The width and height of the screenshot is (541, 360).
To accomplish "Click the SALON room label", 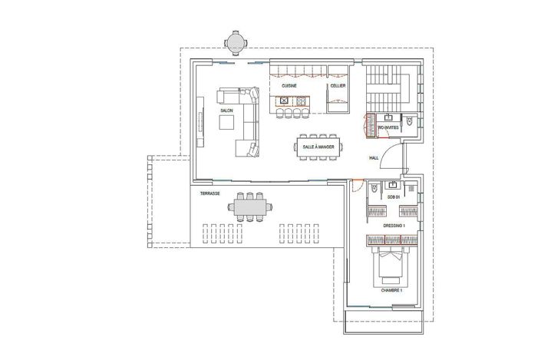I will [x=226, y=111].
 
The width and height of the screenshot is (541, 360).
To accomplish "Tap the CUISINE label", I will [x=289, y=87].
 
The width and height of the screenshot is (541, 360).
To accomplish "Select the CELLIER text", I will [x=338, y=87].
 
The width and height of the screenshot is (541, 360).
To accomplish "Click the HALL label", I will [x=374, y=158].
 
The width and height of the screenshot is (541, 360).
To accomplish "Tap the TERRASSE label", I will [x=210, y=193].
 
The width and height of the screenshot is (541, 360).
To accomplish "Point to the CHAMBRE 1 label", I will [x=391, y=292].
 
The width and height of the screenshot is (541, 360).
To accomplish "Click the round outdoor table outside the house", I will [x=236, y=43].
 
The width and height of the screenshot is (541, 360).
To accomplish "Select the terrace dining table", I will [x=251, y=207].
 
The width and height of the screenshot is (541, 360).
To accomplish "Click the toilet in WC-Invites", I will [x=411, y=123].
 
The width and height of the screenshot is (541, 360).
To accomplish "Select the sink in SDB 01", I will [x=393, y=186].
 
